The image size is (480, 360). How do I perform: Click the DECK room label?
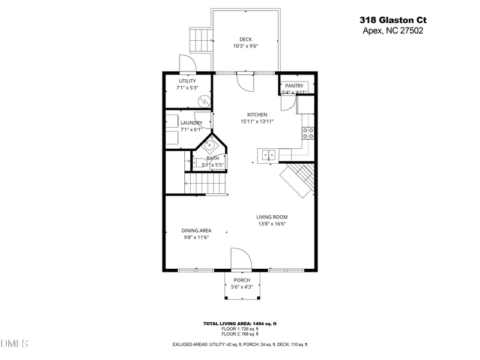[x=245, y=40]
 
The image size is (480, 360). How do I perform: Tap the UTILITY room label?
[x=187, y=81]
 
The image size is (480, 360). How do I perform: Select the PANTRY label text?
[x=294, y=86]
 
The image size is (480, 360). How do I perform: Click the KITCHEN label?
[x=257, y=115]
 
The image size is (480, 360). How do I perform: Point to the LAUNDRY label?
[x=191, y=123]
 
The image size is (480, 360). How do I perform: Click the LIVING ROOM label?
[x=272, y=217]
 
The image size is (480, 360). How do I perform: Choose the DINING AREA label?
[x=196, y=230]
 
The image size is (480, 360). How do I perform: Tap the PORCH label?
[x=242, y=280]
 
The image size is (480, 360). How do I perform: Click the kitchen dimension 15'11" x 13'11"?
[x=257, y=121]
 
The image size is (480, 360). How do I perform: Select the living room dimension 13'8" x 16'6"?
[x=272, y=224]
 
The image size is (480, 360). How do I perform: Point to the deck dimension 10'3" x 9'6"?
[x=245, y=46]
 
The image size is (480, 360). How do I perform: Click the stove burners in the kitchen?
[x=308, y=133]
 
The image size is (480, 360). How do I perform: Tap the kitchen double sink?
[x=268, y=155]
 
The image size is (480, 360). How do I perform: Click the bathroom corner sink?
[x=211, y=145]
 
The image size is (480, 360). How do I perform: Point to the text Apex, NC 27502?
[x=392, y=31]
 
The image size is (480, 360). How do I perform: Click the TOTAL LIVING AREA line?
[x=239, y=323]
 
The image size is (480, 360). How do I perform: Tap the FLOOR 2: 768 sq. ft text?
[x=239, y=334]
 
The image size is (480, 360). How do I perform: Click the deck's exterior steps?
[x=199, y=40]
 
